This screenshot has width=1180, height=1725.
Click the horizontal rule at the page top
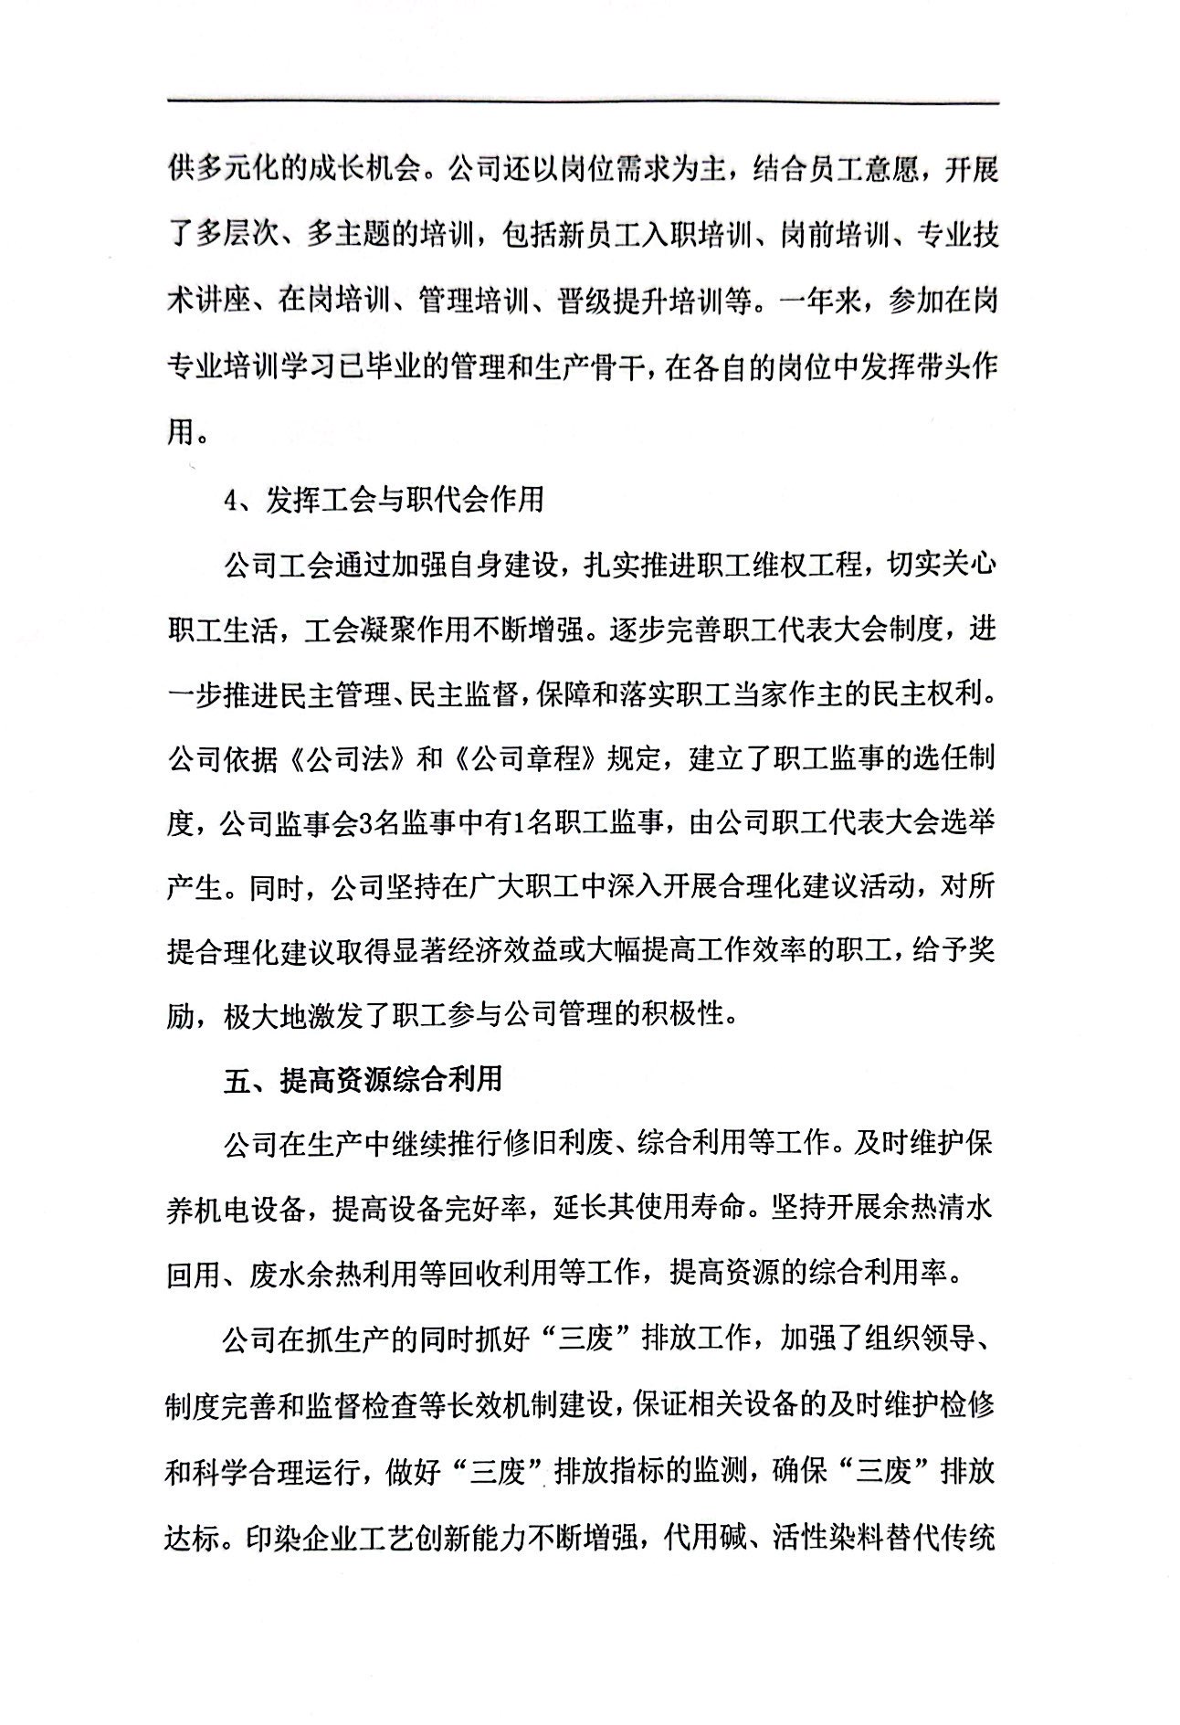coord(585,102)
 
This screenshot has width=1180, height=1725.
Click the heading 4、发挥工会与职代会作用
coord(384,499)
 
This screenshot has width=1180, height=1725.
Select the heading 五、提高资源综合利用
coord(363,1079)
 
